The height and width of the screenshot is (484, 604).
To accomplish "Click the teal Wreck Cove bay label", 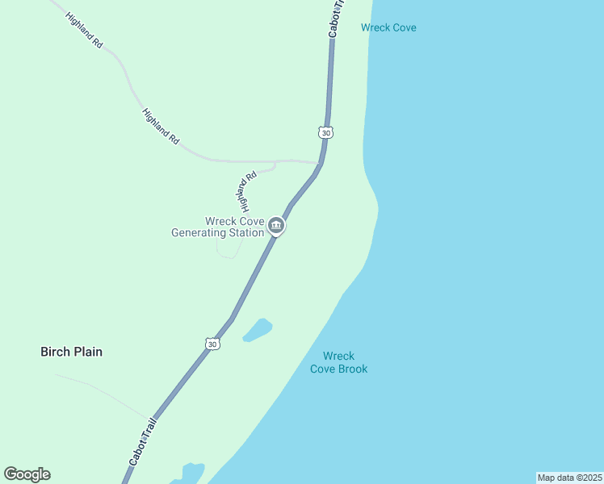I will click(x=388, y=27).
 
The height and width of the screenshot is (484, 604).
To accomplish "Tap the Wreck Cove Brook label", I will click(x=339, y=362).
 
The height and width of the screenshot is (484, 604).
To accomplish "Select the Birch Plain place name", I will click(x=72, y=352).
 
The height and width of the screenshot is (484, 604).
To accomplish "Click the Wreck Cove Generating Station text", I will click(x=218, y=227).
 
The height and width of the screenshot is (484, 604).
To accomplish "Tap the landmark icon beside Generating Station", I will click(x=276, y=226).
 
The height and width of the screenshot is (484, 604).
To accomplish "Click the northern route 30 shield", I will click(x=325, y=131).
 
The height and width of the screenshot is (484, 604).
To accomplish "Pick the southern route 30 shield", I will click(x=212, y=344).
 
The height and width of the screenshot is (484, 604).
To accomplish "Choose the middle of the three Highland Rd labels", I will click(x=160, y=127).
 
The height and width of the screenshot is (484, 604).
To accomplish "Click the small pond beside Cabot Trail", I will click(x=258, y=330).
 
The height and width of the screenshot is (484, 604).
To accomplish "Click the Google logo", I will click(x=27, y=474).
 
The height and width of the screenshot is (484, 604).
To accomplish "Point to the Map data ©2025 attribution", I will click(x=569, y=478).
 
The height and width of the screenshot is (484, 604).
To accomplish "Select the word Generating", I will click(x=200, y=232).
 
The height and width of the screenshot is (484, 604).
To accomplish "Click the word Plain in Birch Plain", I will click(x=87, y=352).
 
